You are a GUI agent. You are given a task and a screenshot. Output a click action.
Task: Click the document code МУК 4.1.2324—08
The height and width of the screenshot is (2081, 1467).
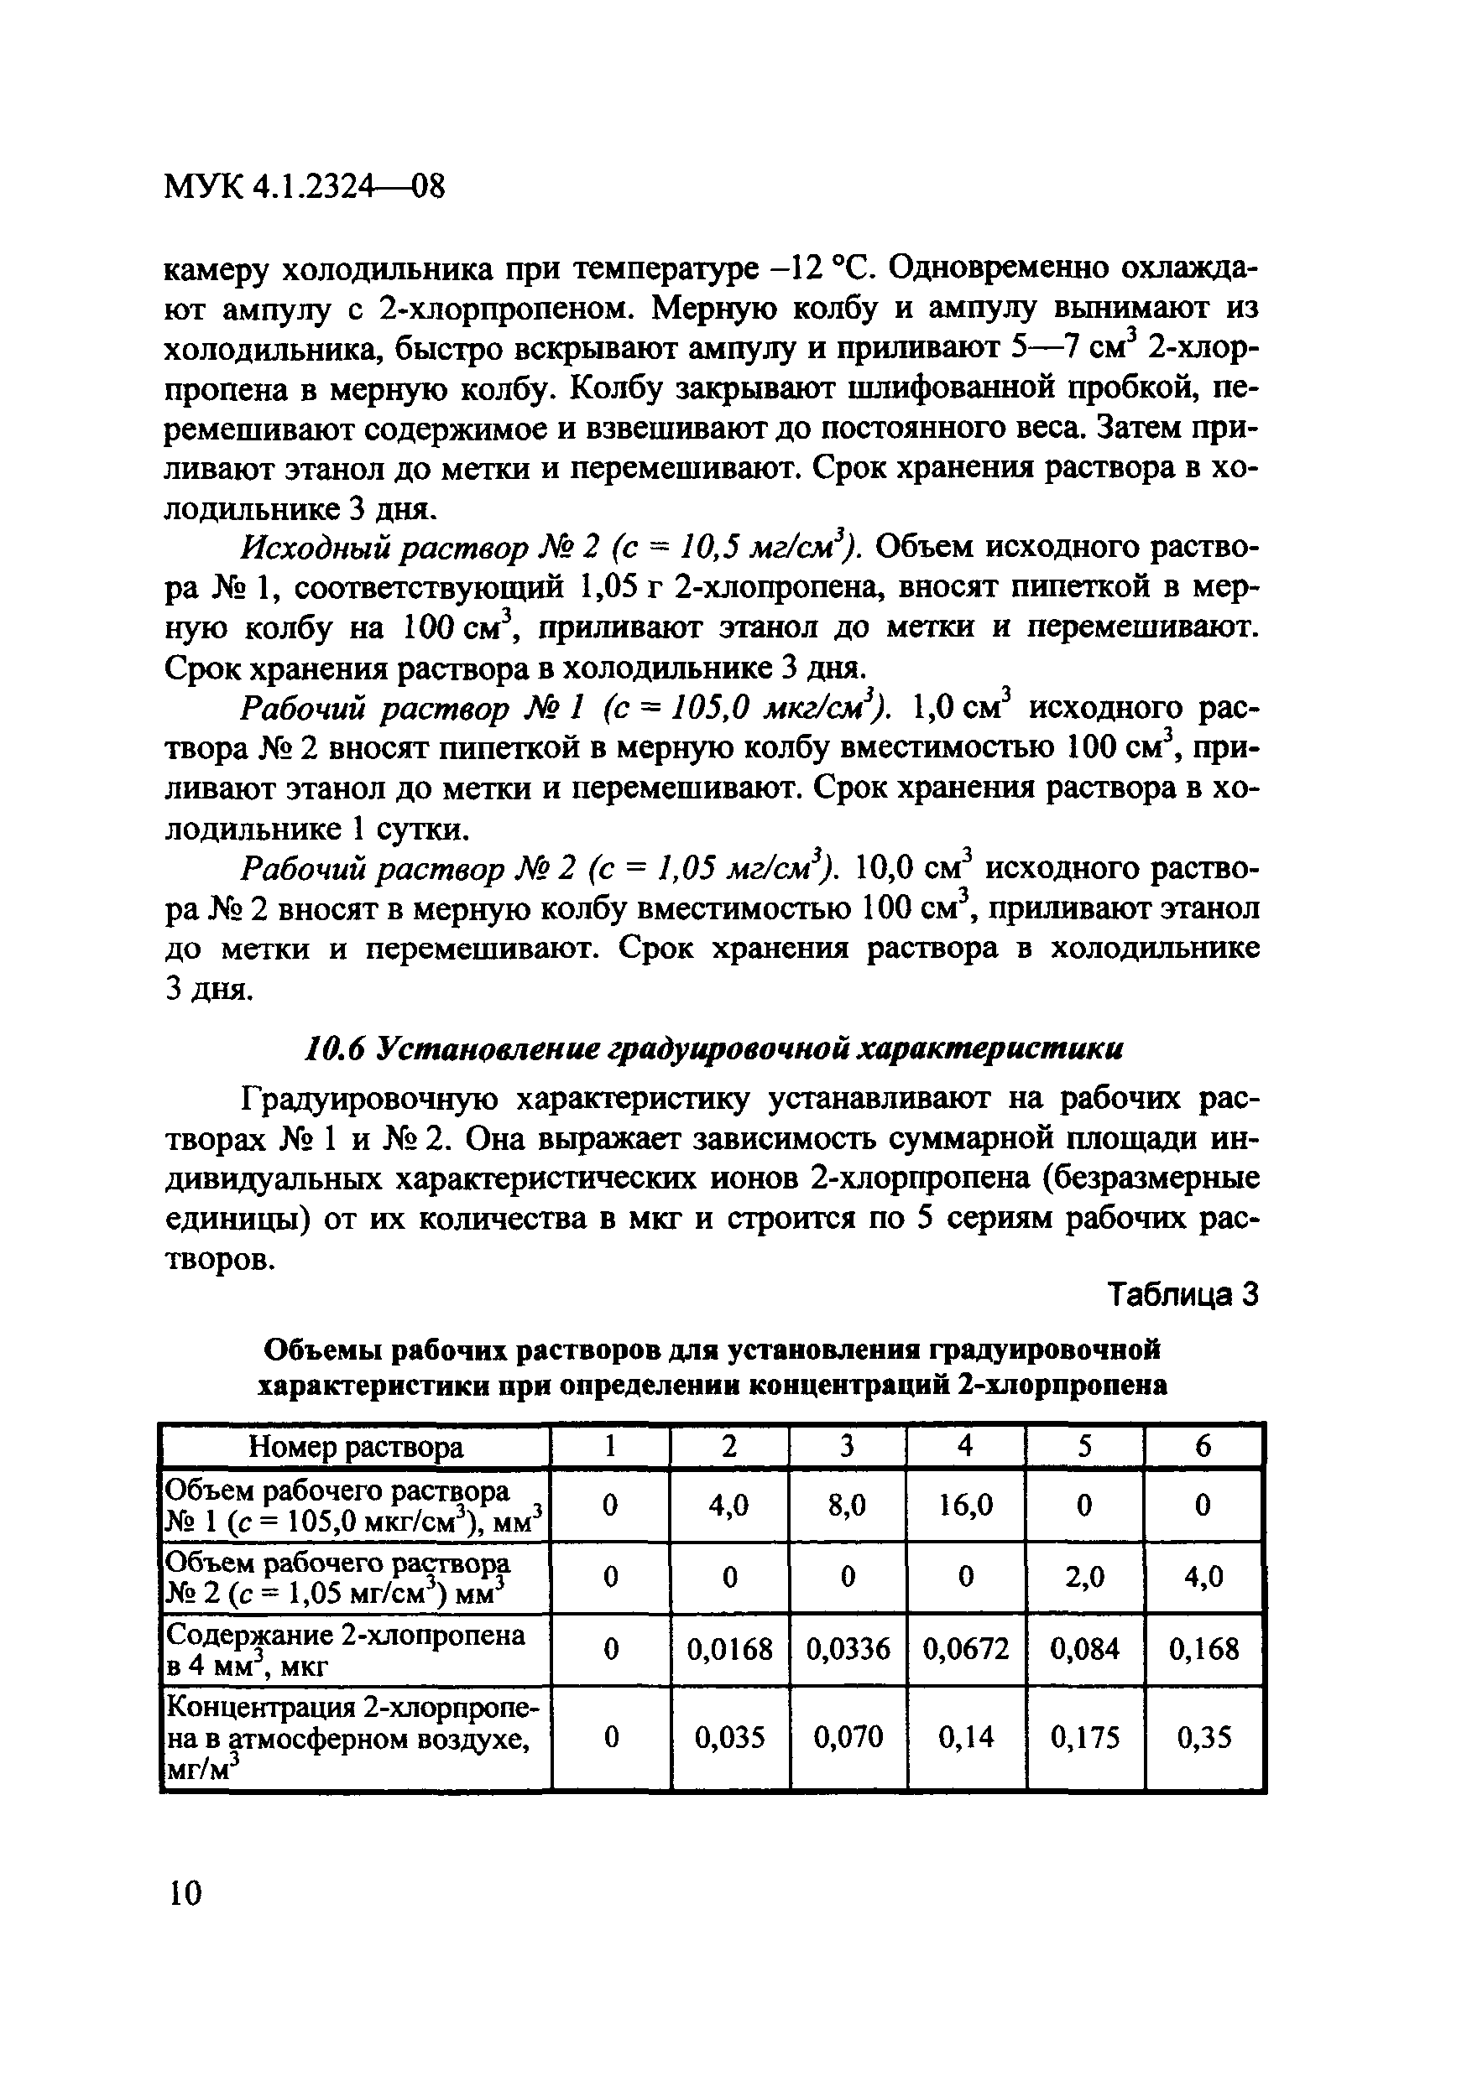(305, 189)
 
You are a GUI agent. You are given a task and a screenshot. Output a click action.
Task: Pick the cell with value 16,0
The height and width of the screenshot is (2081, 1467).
(966, 1506)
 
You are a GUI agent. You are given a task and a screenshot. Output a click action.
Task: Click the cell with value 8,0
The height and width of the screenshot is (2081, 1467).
(847, 1506)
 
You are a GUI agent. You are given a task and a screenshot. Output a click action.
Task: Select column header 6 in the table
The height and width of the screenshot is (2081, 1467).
(1203, 1447)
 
